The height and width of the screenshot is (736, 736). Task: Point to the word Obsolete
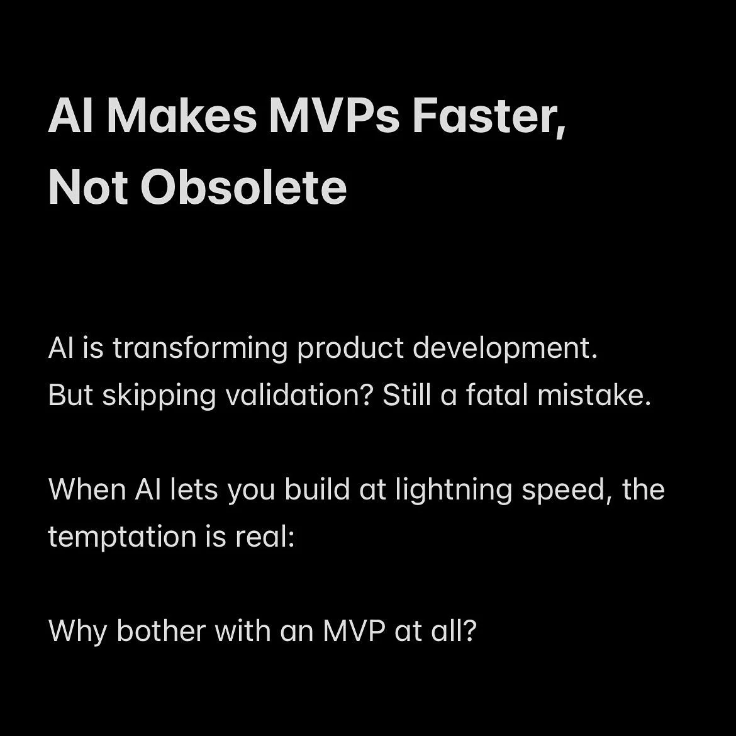[x=243, y=187]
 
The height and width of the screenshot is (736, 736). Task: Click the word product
[x=350, y=348]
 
